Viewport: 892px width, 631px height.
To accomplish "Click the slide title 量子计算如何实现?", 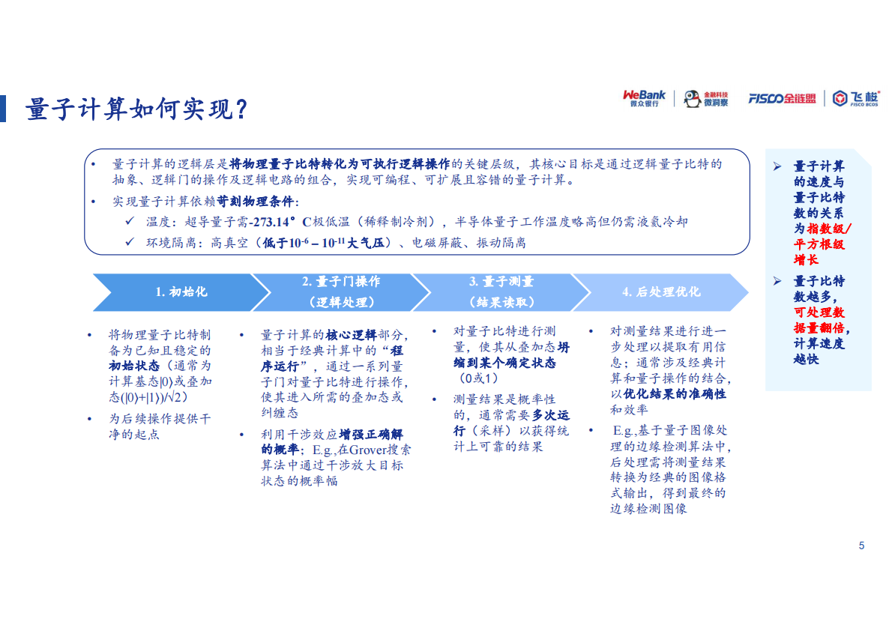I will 136,109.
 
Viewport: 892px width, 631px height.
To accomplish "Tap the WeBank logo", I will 644,98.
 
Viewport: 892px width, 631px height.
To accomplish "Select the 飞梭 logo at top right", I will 855,98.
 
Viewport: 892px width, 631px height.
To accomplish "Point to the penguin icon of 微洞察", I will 693,99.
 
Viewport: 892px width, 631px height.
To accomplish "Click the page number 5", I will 861,546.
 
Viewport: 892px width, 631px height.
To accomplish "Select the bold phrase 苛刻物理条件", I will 257,202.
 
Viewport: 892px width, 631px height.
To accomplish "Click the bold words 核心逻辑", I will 351,334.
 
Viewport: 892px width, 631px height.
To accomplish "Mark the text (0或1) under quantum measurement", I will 477,378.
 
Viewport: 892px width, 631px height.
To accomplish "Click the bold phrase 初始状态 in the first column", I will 134,366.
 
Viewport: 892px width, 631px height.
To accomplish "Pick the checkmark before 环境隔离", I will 130,242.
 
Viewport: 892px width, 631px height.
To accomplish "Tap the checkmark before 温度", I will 130,222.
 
